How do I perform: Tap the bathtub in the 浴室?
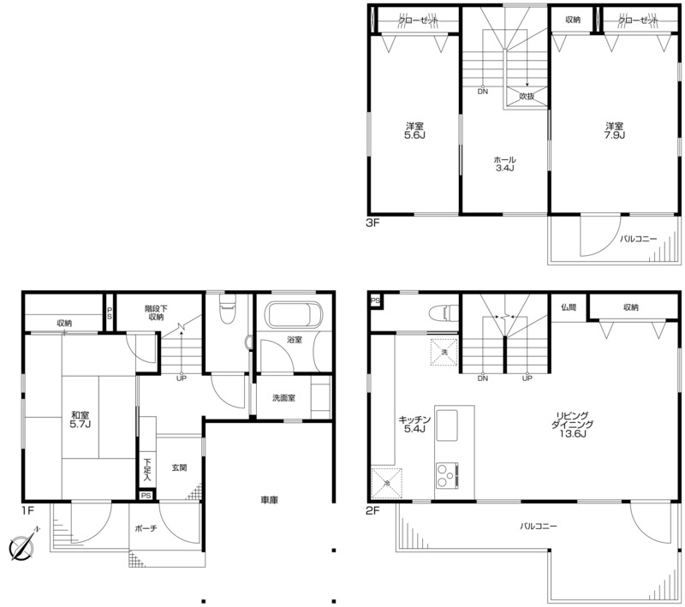(x=295, y=315)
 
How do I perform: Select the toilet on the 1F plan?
(x=227, y=308)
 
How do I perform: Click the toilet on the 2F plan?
(x=442, y=312)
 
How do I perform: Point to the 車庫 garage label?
(x=269, y=500)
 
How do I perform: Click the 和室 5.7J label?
(x=80, y=420)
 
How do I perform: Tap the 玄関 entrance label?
(x=179, y=467)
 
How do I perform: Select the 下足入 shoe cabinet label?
(x=147, y=470)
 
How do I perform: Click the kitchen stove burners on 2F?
(x=446, y=474)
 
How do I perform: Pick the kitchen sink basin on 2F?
(x=447, y=426)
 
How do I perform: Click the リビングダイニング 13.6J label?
(x=574, y=425)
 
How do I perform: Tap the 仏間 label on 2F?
(x=569, y=307)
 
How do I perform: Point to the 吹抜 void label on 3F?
(x=527, y=96)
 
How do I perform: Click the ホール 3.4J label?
(x=504, y=164)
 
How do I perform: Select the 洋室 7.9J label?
(x=614, y=131)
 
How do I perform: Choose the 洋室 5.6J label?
(x=414, y=131)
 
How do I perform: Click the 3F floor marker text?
(x=373, y=223)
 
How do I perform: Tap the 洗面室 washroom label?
(x=283, y=398)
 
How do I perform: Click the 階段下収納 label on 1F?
(x=156, y=312)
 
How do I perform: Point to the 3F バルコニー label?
(x=638, y=239)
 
